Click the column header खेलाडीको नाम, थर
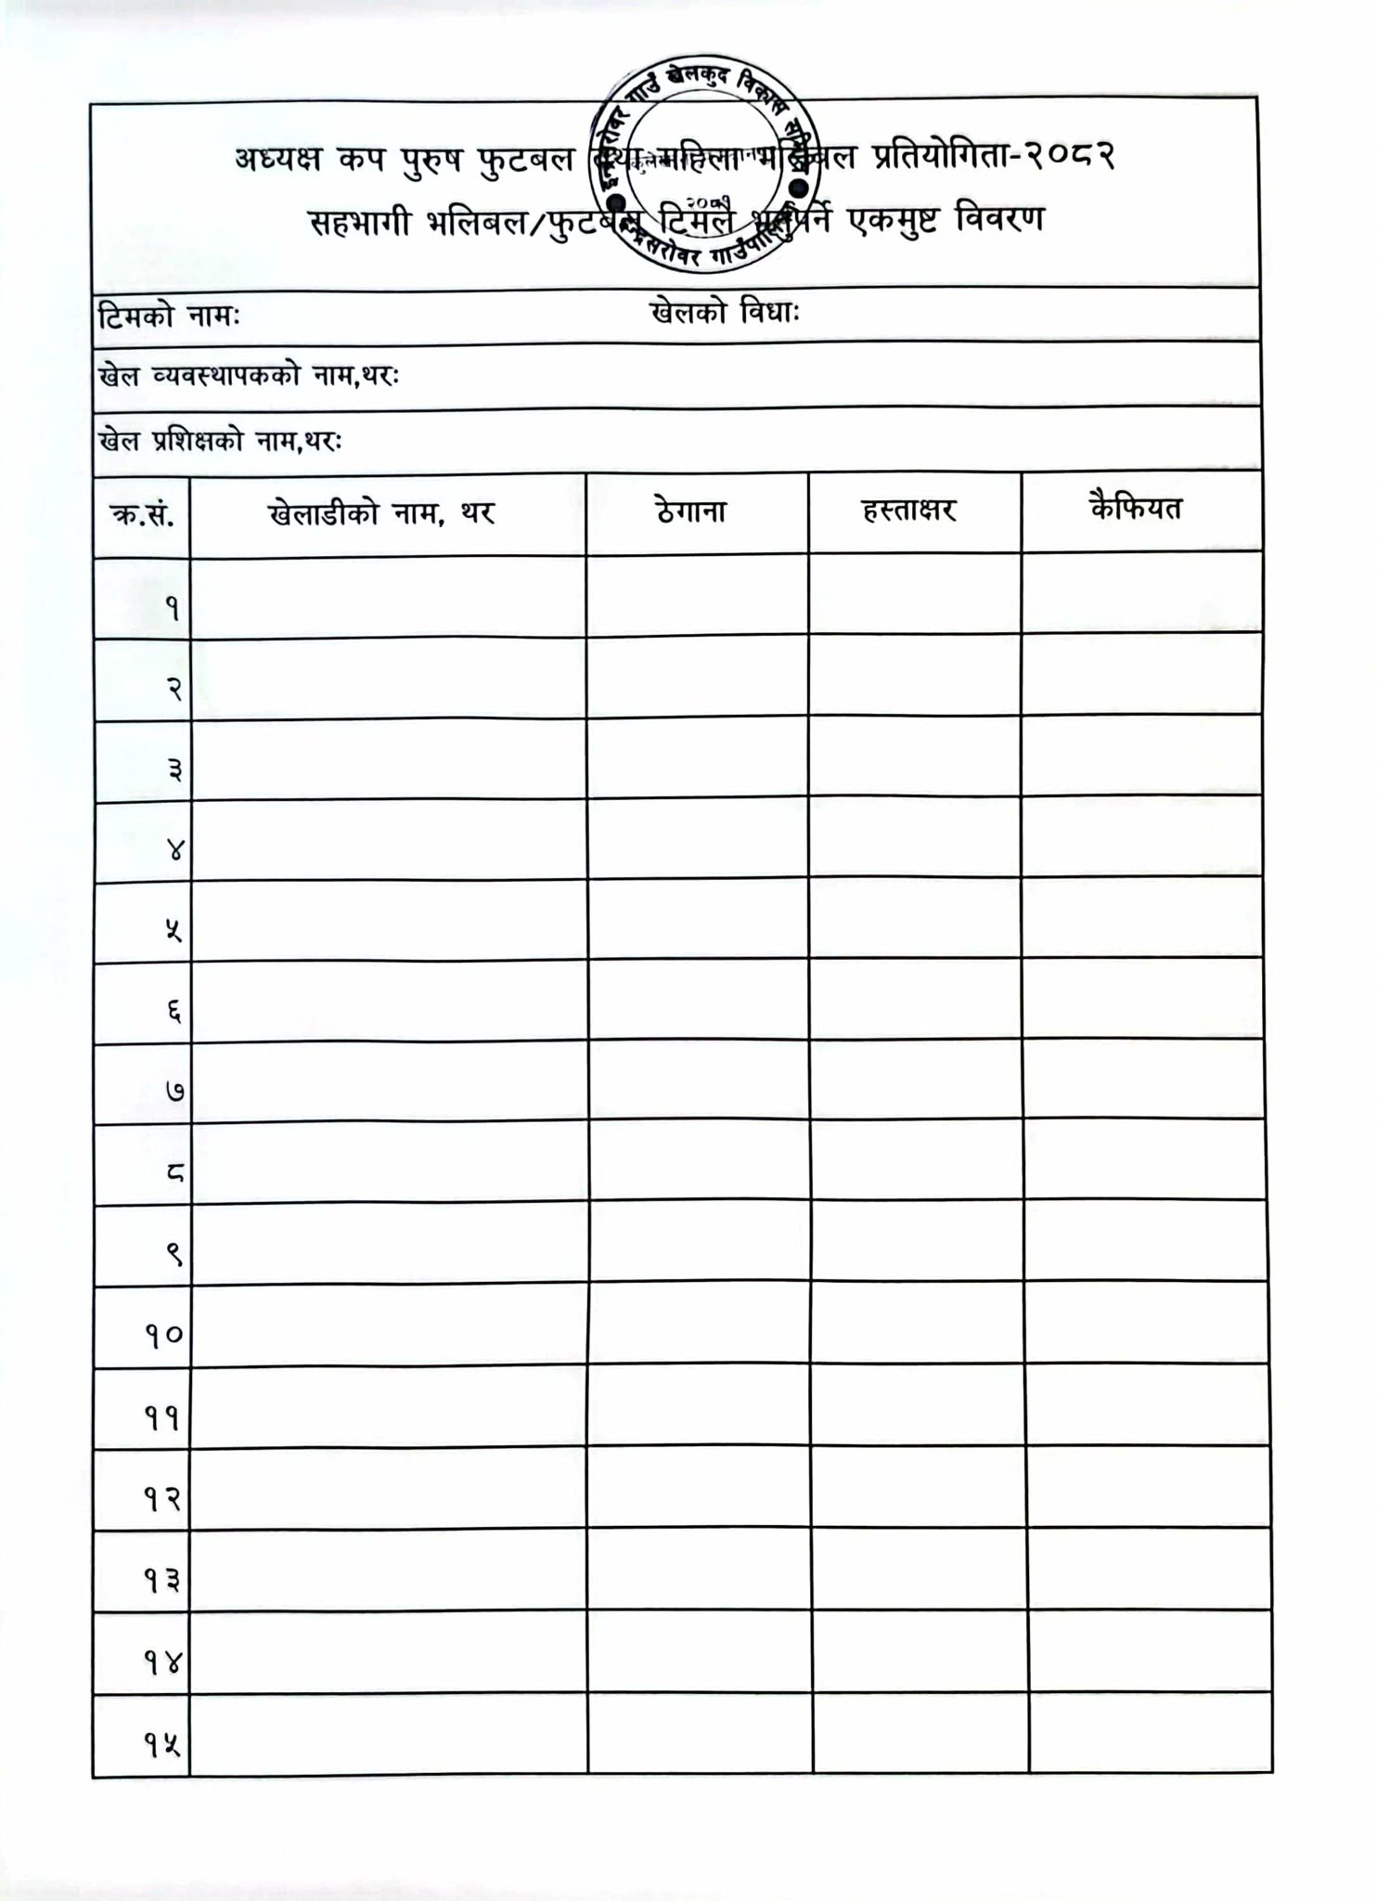pyautogui.click(x=382, y=513)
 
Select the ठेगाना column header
pyautogui.click(x=690, y=511)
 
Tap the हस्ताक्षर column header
pyautogui.click(x=908, y=511)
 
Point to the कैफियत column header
pyautogui.click(x=1136, y=509)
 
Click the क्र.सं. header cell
pyautogui.click(x=142, y=515)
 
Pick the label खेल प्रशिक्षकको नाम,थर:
pyautogui.click(x=220, y=442)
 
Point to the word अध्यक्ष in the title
pyautogui.click(x=277, y=160)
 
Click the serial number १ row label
pyautogui.click(x=173, y=609)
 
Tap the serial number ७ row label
pyautogui.click(x=174, y=1092)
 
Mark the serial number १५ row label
pyautogui.click(x=161, y=1746)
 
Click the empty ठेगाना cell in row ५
pyautogui.click(x=698, y=921)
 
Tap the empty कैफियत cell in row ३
pyautogui.click(x=1141, y=757)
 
